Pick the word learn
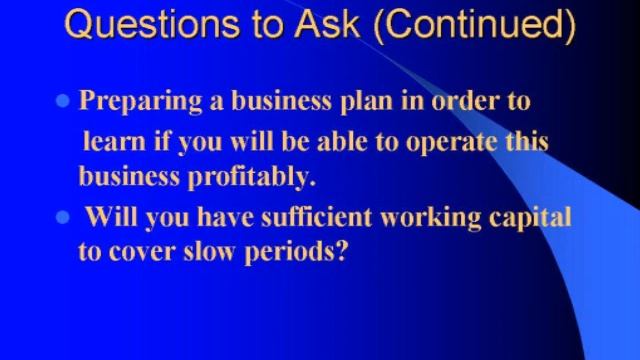[x=112, y=140]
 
